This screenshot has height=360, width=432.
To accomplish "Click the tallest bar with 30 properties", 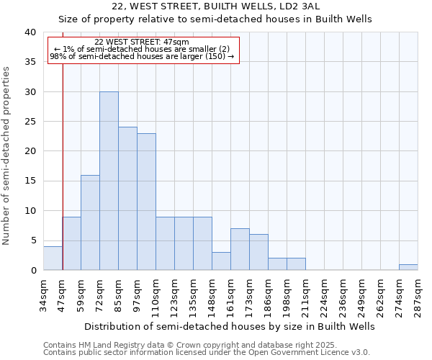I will (109, 181).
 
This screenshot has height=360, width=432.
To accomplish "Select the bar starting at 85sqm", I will (127, 199).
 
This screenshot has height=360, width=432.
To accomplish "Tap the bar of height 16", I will (90, 222).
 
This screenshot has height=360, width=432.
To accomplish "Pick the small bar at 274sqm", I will (408, 267).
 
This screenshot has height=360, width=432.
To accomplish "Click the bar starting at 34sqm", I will (53, 258).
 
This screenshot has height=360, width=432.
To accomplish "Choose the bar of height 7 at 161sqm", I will (240, 249).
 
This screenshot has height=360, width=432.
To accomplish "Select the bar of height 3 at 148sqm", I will (221, 261).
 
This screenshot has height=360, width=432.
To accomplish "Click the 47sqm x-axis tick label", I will (63, 292).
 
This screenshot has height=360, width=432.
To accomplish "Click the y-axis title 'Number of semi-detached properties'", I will (6, 156).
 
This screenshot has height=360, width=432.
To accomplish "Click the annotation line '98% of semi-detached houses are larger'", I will (142, 56).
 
